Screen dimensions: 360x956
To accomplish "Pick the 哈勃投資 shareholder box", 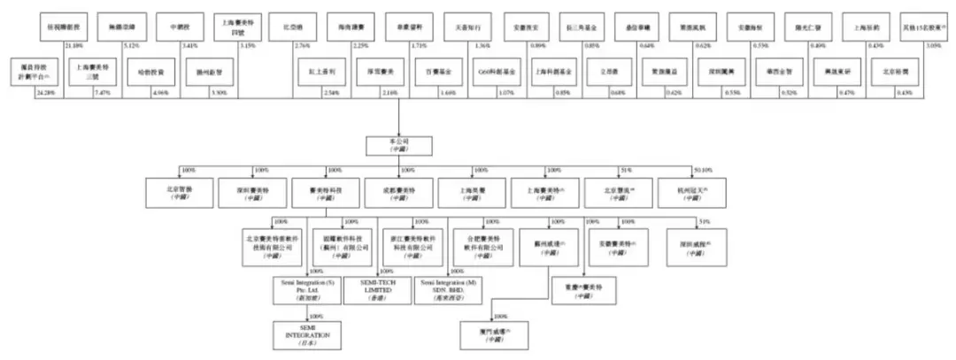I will point(146,68).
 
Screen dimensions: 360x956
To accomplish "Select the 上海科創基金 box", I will point(551,68).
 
